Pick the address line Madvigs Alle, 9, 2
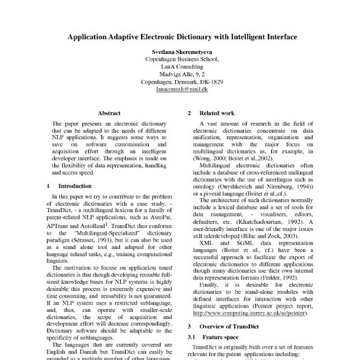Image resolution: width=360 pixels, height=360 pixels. (x=180, y=81)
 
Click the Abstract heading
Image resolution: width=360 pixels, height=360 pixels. (x=109, y=112)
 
